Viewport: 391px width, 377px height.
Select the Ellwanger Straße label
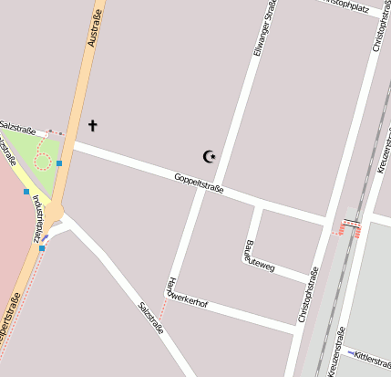pos(265,28)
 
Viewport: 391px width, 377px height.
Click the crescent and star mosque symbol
pos(210,156)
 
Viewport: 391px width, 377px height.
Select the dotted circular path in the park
pos(42,162)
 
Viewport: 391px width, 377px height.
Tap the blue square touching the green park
pos(59,163)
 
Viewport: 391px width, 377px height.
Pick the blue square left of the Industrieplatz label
pos(26,192)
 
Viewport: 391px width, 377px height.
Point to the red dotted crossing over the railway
pos(350,226)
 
